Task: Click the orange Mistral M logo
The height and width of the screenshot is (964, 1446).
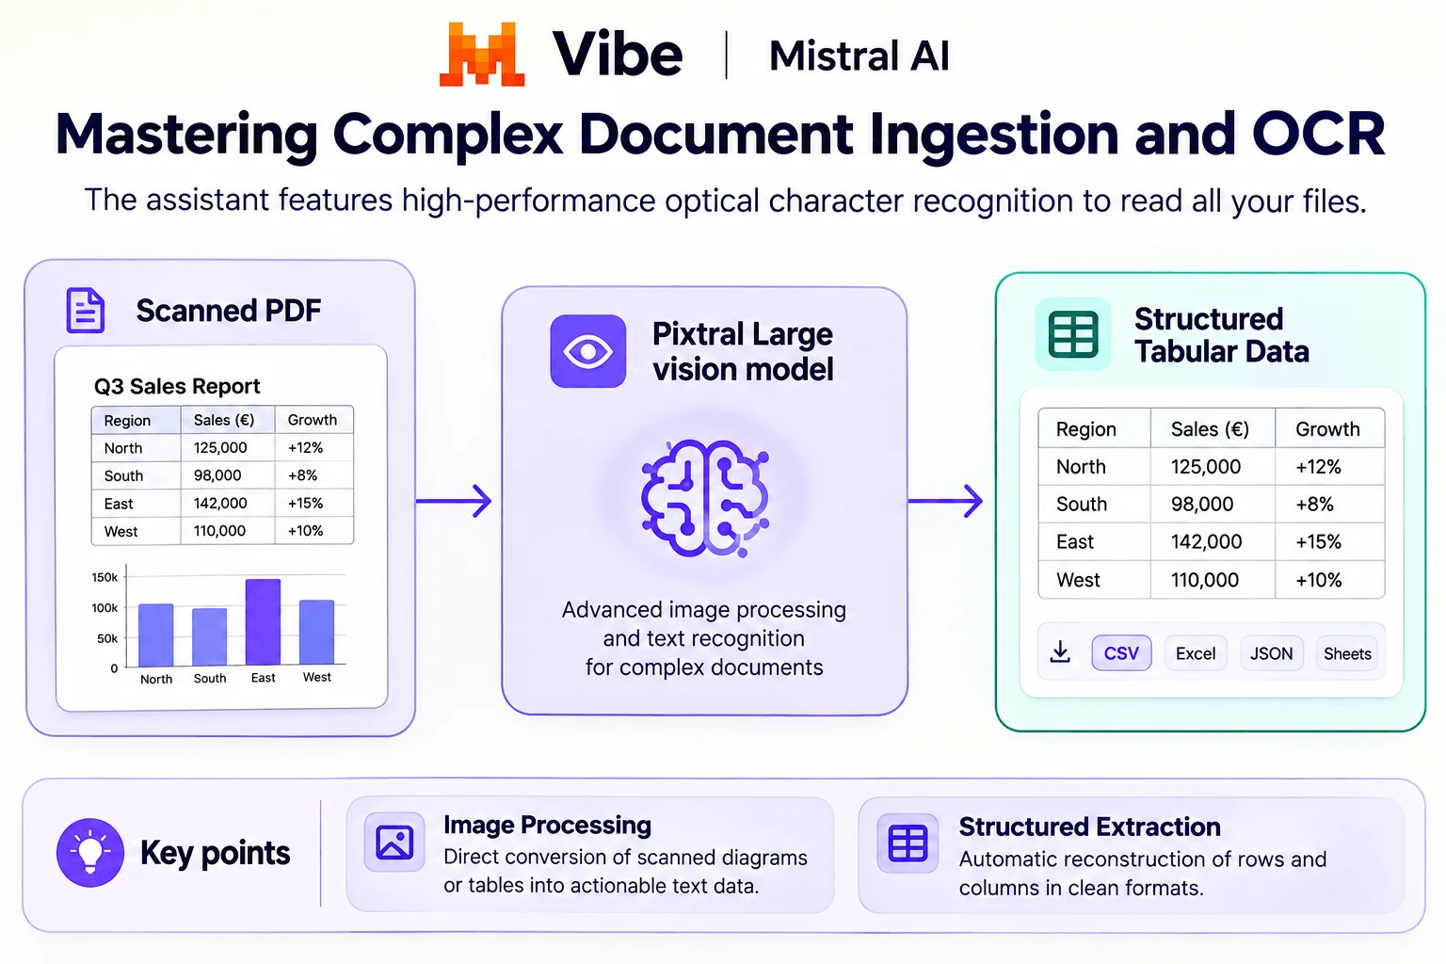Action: (482, 55)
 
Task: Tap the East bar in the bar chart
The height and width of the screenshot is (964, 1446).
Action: (263, 621)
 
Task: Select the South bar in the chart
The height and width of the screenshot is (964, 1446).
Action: (210, 636)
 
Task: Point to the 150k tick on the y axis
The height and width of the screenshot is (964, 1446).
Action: (104, 577)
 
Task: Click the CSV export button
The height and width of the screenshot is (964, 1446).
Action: (1121, 652)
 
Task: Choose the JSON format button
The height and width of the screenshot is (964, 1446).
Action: (1271, 653)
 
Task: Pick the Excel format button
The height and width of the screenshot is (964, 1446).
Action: (1196, 653)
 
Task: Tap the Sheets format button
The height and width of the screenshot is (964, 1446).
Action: (1347, 653)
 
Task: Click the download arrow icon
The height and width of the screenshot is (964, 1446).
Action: (1060, 652)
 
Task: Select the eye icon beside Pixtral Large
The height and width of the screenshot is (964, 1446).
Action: (587, 351)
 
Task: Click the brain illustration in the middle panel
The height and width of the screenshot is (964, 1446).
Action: (705, 498)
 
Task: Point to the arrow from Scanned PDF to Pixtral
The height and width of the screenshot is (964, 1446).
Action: (454, 501)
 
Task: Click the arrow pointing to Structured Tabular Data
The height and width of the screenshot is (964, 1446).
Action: (946, 501)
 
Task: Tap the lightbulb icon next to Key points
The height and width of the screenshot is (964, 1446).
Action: (90, 852)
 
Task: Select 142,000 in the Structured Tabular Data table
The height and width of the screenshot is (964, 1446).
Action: (1206, 541)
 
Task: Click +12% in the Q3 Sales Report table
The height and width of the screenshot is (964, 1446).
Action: (305, 447)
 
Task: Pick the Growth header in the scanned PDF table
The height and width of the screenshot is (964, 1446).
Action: (313, 420)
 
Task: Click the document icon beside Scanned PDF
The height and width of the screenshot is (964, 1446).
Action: (86, 311)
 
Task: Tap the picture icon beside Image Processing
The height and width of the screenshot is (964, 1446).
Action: (394, 843)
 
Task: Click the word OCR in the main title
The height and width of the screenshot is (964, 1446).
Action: (1318, 134)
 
